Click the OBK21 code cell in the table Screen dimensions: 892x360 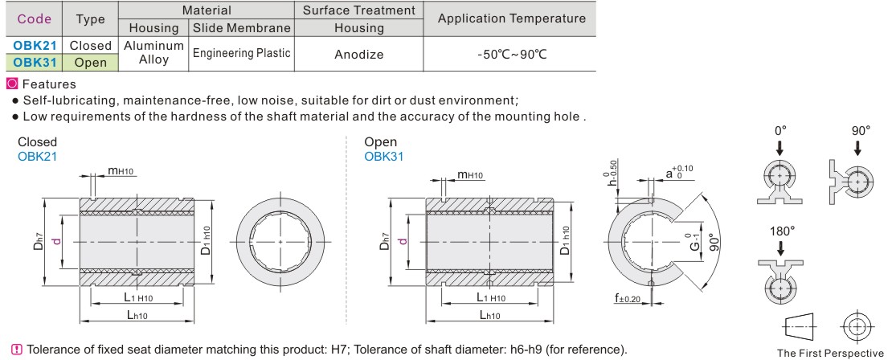pos(34,46)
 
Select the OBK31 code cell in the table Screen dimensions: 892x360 pos(34,62)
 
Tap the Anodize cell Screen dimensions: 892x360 pos(359,55)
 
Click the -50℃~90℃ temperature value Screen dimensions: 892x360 pos(512,55)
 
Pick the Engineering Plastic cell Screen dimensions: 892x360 pos(242,54)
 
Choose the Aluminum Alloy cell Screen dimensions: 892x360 pos(153,53)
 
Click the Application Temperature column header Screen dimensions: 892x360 pos(511,18)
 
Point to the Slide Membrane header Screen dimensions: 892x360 pos(242,28)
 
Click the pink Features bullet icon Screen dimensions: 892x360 pos(12,84)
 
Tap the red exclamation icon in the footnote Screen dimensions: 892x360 pos(17,349)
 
